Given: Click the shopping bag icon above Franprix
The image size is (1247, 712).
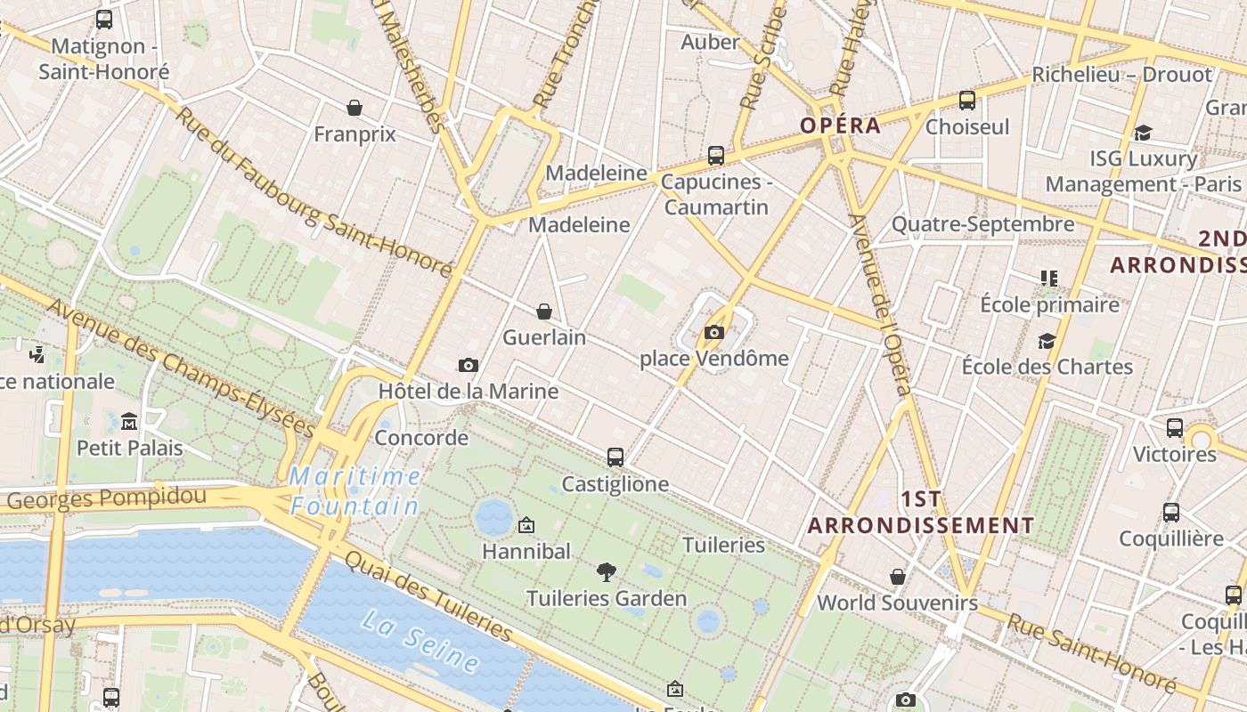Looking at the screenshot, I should click(355, 109).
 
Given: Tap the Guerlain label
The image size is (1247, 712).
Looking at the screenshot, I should click(544, 337).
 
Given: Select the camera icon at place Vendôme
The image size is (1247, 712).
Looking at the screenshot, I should click(713, 333).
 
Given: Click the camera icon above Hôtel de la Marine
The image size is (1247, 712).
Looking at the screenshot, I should click(468, 365).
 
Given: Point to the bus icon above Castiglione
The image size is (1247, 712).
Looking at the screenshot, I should click(615, 457).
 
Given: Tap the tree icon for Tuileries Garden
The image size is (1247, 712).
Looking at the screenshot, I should click(607, 571).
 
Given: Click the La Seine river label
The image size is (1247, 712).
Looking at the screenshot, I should click(420, 640).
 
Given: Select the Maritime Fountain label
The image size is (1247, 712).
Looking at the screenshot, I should click(355, 491).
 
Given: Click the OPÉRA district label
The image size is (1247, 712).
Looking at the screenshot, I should click(840, 125).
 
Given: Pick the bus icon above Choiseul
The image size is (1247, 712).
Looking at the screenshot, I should click(967, 101).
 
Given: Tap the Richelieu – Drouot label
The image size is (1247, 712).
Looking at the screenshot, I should click(1121, 75).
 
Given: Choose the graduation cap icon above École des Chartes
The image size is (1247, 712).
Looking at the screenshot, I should click(1047, 341).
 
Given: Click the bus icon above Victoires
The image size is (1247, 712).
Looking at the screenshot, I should click(1175, 428).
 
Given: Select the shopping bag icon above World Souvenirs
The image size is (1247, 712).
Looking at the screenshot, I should click(898, 577).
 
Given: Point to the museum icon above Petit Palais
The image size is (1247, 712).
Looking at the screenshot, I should click(129, 421).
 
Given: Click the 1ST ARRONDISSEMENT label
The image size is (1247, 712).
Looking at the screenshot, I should click(921, 512).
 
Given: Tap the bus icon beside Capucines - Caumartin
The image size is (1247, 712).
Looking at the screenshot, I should click(716, 156).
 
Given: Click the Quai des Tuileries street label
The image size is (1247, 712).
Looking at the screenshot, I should click(428, 597).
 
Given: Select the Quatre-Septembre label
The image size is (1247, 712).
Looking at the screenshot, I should click(982, 224).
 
